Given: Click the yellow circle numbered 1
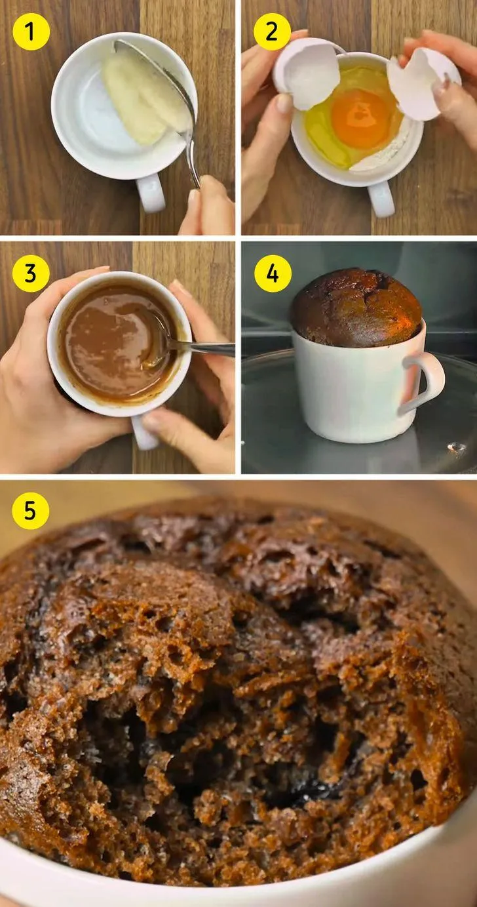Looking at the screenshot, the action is click(x=31, y=31).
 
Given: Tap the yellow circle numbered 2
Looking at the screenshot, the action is click(x=272, y=31).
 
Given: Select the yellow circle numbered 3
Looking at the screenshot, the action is click(x=31, y=273).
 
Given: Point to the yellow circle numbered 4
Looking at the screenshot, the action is click(x=273, y=273).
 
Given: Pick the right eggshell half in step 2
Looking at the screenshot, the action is click(x=422, y=84).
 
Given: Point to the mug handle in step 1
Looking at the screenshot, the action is click(x=150, y=193).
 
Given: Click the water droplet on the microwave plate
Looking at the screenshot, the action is click(x=457, y=447).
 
